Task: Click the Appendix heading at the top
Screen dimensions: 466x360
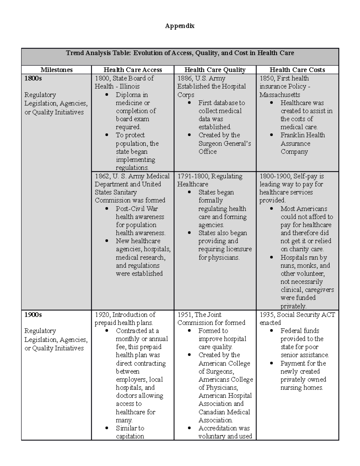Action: click(180, 26)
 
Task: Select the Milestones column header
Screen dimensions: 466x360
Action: click(56, 70)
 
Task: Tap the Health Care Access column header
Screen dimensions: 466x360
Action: click(133, 70)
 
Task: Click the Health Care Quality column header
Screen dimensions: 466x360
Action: click(215, 70)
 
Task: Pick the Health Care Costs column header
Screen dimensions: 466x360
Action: click(297, 70)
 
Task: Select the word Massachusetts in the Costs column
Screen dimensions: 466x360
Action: click(280, 95)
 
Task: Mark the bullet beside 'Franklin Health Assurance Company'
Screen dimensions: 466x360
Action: click(272, 135)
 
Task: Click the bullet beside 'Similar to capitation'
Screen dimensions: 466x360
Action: click(107, 428)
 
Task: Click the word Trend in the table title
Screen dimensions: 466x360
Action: click(75, 53)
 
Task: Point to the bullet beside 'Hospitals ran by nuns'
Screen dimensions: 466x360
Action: click(272, 257)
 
